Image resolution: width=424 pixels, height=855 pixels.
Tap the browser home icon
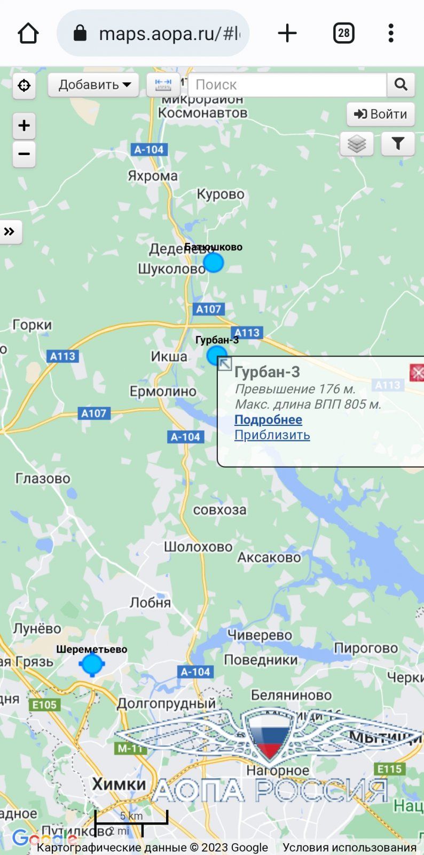28,33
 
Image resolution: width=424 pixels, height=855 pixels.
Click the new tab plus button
287,33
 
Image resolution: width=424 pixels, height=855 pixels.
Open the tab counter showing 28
344,33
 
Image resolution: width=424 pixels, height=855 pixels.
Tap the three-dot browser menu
391,33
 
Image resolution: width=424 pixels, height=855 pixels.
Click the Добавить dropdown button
94,84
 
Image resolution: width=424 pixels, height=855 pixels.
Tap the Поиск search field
287,84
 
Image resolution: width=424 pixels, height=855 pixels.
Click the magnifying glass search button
401,84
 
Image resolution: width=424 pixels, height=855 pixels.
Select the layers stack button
357,144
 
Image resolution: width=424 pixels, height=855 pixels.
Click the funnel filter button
398,144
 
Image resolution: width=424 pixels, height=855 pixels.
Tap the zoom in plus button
24,126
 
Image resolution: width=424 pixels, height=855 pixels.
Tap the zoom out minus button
24,154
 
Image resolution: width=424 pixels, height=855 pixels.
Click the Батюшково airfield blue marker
214,262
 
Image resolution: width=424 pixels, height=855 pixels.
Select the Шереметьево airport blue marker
92,664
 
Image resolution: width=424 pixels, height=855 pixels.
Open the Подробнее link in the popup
268,420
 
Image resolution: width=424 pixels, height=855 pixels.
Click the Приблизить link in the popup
272,435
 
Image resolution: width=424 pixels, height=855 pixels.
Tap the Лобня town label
150,603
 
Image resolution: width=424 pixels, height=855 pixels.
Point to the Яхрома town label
153,176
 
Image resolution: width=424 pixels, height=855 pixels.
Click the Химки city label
119,784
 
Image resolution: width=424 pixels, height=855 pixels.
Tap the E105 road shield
44,705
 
